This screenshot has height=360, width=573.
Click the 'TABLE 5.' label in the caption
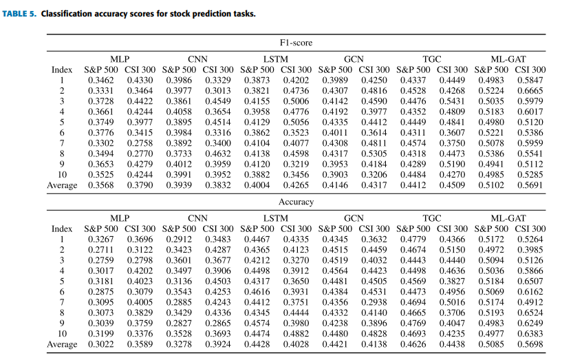pyautogui.click(x=19, y=14)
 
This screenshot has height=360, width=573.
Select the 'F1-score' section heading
pyautogui.click(x=296, y=43)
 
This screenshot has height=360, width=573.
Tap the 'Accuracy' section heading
pyautogui.click(x=296, y=202)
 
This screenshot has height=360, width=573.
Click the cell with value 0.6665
pyautogui.click(x=530, y=91)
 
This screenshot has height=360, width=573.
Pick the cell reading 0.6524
pyautogui.click(x=530, y=313)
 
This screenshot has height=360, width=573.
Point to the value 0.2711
pyautogui.click(x=101, y=250)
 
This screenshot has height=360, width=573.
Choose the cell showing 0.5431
pyautogui.click(x=452, y=101)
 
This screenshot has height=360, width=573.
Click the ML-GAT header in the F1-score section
pyautogui.click(x=508, y=59)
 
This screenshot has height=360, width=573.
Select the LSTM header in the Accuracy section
pyautogui.click(x=276, y=218)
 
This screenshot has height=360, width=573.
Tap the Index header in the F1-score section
pyautogui.click(x=62, y=70)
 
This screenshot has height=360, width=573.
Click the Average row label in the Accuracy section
pyautogui.click(x=62, y=345)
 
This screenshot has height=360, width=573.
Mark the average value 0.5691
pyautogui.click(x=530, y=185)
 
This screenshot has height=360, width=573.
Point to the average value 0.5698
pyautogui.click(x=530, y=344)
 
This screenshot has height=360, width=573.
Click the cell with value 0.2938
pyautogui.click(x=374, y=302)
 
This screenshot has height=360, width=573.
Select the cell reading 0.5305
pyautogui.click(x=374, y=153)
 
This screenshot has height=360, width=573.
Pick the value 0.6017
pyautogui.click(x=530, y=112)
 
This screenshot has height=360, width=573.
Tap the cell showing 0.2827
pyautogui.click(x=179, y=324)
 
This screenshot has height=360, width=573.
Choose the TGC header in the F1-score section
pyautogui.click(x=432, y=59)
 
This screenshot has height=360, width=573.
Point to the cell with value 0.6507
pyautogui.click(x=530, y=282)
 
